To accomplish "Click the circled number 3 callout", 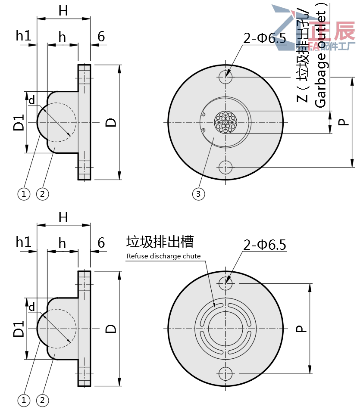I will (198, 194).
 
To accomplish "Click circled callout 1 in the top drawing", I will (24, 194).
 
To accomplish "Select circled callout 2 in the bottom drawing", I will (42, 401).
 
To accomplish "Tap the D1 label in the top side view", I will (19, 122).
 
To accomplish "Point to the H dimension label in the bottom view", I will (63, 217).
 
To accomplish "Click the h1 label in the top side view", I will (24, 36).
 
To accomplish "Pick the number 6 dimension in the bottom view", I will (101, 243).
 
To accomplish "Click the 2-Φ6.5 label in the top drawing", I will (265, 39).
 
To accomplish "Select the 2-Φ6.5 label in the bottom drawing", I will (265, 245).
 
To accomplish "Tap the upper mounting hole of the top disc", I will (225, 77).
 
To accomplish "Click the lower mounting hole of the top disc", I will (225, 167).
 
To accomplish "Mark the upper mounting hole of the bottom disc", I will (225, 283).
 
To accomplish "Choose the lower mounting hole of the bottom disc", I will (225, 373).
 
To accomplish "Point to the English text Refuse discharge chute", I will (163, 256).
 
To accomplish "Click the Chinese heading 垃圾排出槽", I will (160, 242).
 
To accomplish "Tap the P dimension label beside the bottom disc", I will (301, 329).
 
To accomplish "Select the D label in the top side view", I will (111, 122).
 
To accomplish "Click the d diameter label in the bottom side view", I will (31, 307).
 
